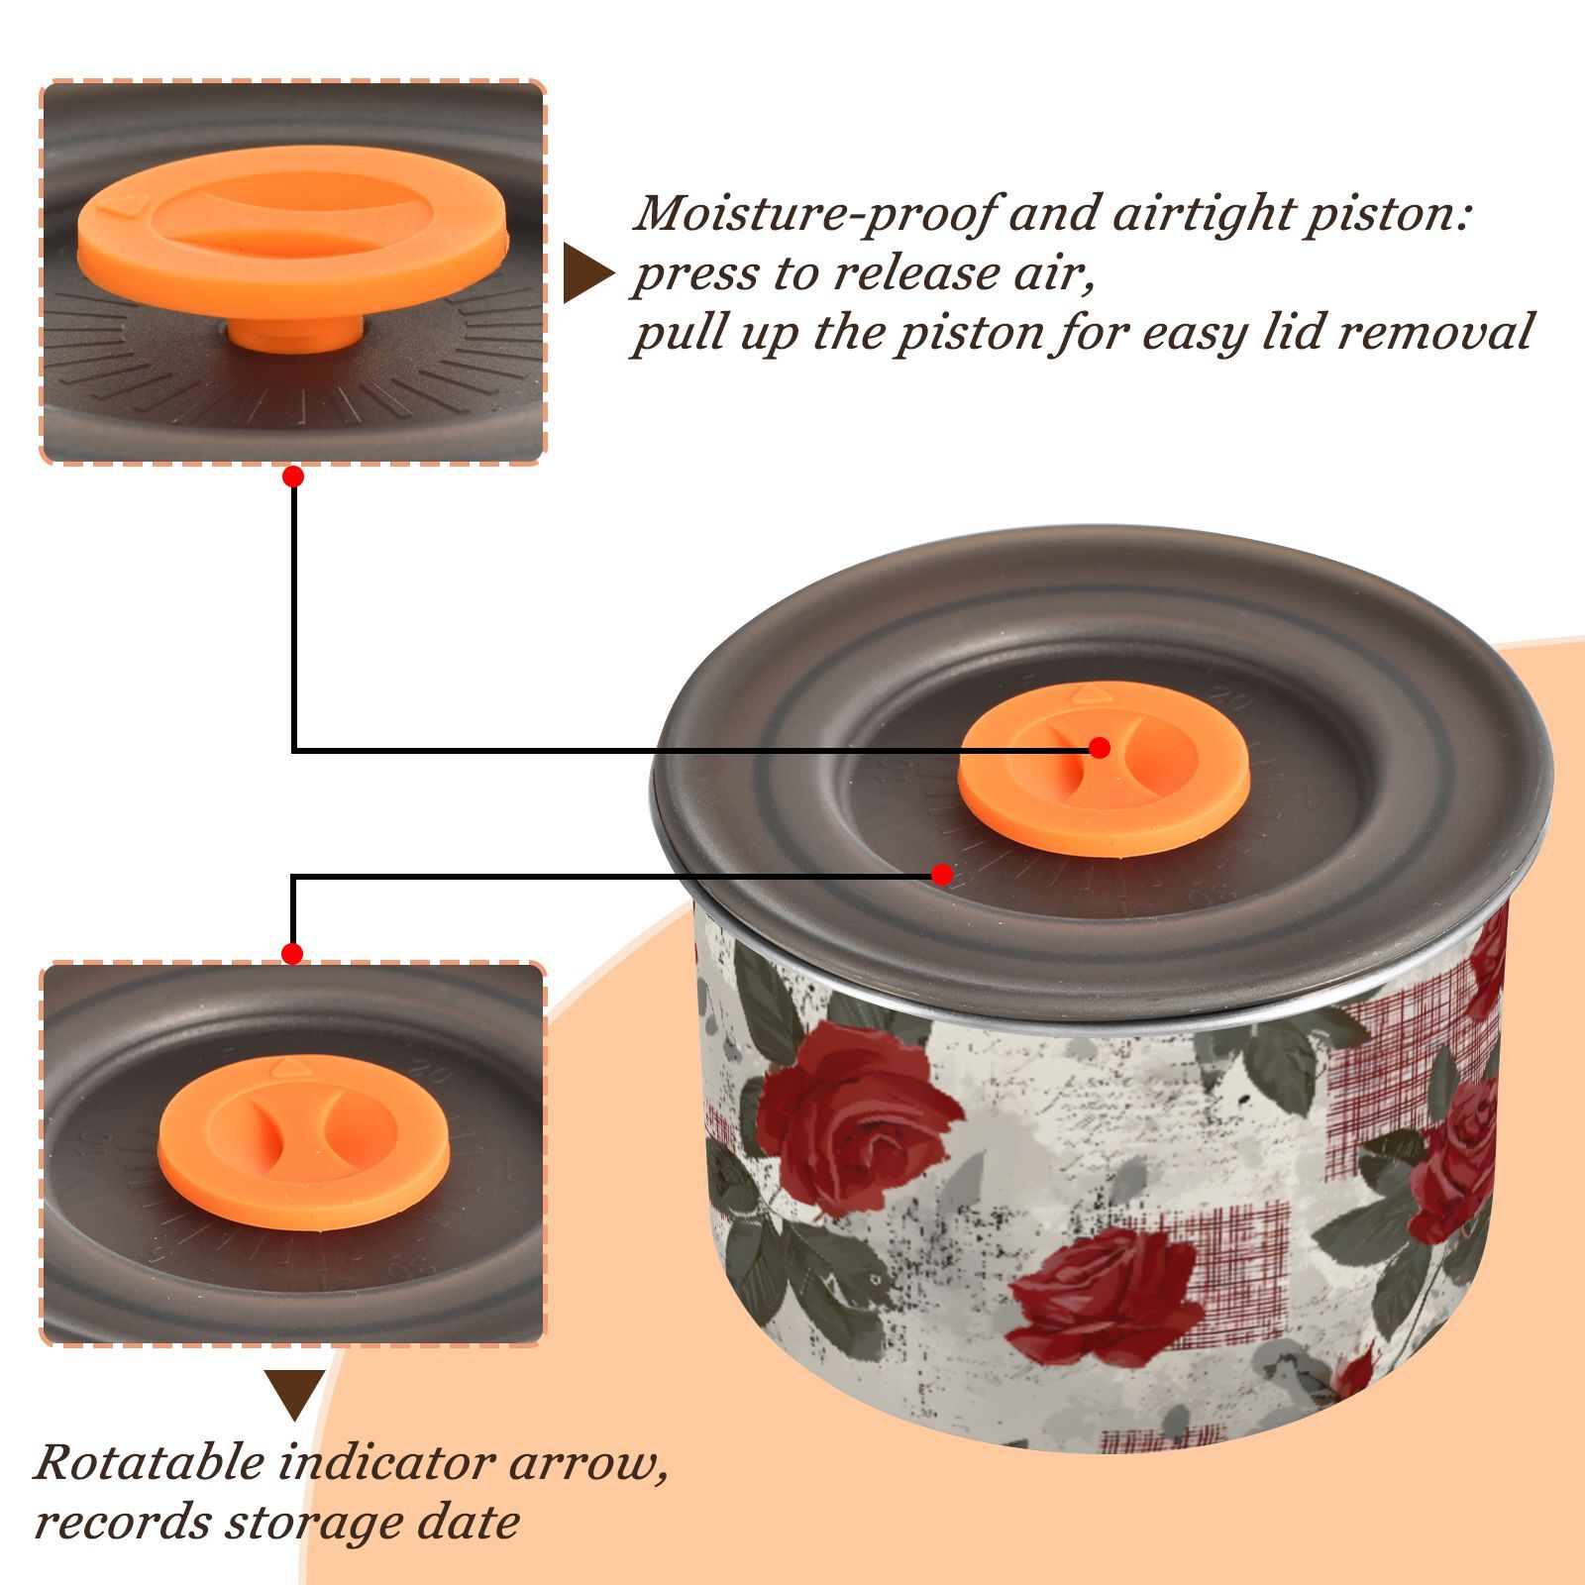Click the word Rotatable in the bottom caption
[149, 1462]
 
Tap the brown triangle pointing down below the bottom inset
[294, 1394]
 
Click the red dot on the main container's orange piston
[1099, 748]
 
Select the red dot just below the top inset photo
[293, 476]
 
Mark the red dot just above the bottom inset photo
[292, 954]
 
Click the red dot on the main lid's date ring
[942, 875]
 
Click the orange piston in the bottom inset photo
[303, 1142]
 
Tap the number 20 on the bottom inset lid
[431, 1071]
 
